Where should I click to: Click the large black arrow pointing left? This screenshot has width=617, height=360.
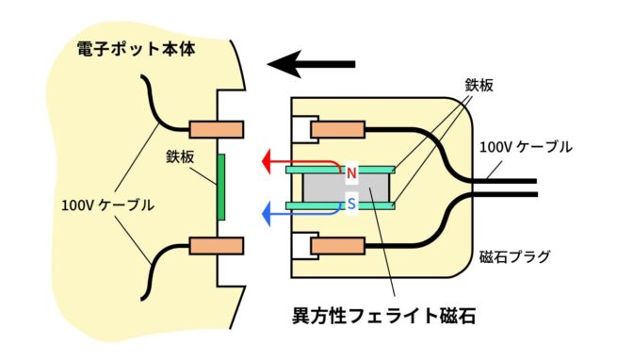click(x=311, y=65)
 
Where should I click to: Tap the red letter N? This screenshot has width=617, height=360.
click(x=351, y=173)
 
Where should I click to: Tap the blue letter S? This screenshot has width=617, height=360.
click(x=351, y=201)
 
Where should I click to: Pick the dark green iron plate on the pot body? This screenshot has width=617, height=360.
click(x=220, y=187)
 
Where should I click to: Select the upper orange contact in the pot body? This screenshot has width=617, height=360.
click(x=218, y=128)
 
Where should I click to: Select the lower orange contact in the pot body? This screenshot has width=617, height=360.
click(x=218, y=246)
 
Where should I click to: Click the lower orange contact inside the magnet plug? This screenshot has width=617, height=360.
click(x=338, y=247)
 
